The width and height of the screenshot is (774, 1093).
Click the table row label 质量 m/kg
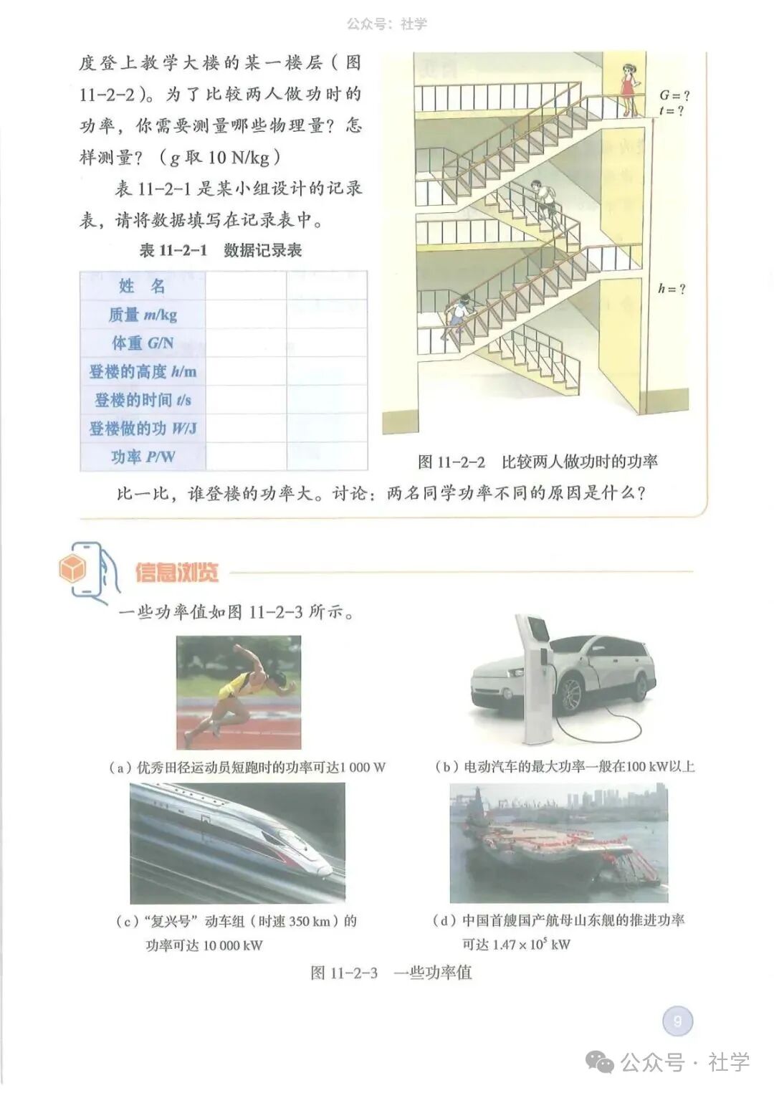pyautogui.click(x=143, y=315)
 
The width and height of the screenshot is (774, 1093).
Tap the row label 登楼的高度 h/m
pyautogui.click(x=143, y=371)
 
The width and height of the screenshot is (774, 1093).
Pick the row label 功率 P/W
pyautogui.click(x=143, y=457)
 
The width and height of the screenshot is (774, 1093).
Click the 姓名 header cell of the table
pyautogui.click(x=143, y=286)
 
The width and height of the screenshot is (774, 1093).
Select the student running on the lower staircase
pyautogui.click(x=456, y=316)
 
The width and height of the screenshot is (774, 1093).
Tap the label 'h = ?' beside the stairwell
pyautogui.click(x=672, y=289)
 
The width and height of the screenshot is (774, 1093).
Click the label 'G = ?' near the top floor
pyautogui.click(x=674, y=95)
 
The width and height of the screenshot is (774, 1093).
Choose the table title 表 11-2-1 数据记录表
pyautogui.click(x=220, y=250)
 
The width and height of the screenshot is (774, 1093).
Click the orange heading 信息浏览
pyautogui.click(x=176, y=573)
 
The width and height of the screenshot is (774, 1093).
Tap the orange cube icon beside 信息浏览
pyautogui.click(x=73, y=570)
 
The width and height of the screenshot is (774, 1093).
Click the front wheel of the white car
pyautogui.click(x=570, y=693)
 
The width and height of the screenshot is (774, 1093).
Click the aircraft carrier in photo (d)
pyautogui.click(x=552, y=853)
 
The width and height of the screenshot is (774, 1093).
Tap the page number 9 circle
pyautogui.click(x=677, y=1021)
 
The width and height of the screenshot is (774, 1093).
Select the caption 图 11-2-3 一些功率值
pyautogui.click(x=391, y=973)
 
